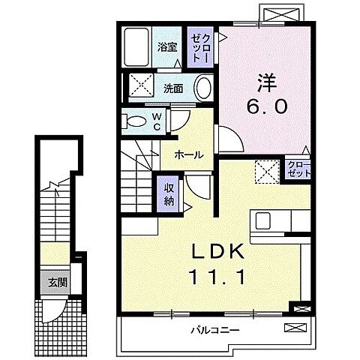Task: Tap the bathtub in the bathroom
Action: (136, 47)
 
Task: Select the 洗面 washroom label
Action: (173, 88)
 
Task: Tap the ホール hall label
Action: (188, 154)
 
